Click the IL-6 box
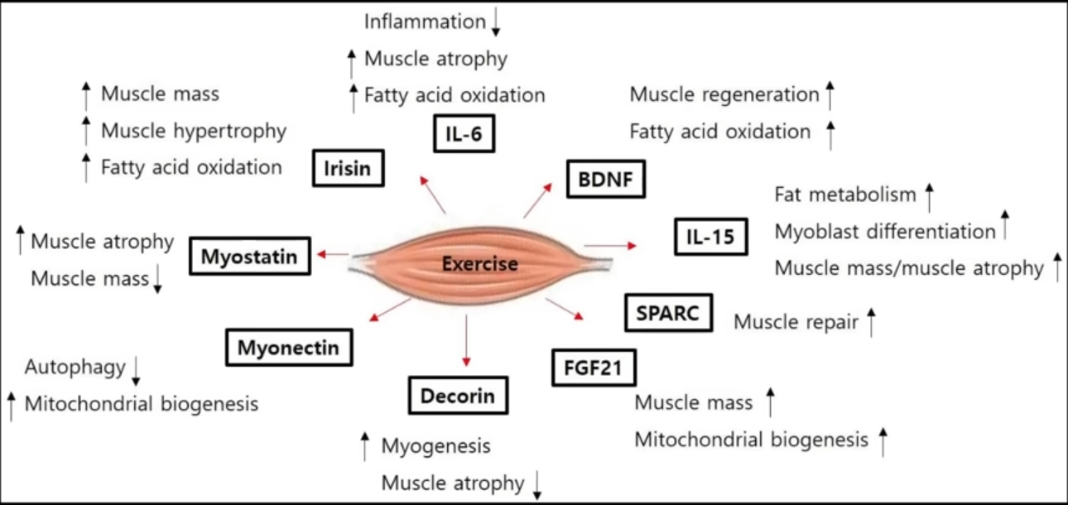click(464, 134)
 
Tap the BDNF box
click(605, 180)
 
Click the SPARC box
click(668, 313)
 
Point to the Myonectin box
click(288, 347)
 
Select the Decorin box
click(458, 395)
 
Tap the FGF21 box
click(593, 367)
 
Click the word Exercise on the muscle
click(479, 264)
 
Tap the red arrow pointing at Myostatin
click(334, 254)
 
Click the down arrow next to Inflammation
click(496, 23)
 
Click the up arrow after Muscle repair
click(871, 321)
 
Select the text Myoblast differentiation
click(884, 231)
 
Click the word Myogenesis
click(435, 446)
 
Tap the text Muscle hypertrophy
click(193, 131)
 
